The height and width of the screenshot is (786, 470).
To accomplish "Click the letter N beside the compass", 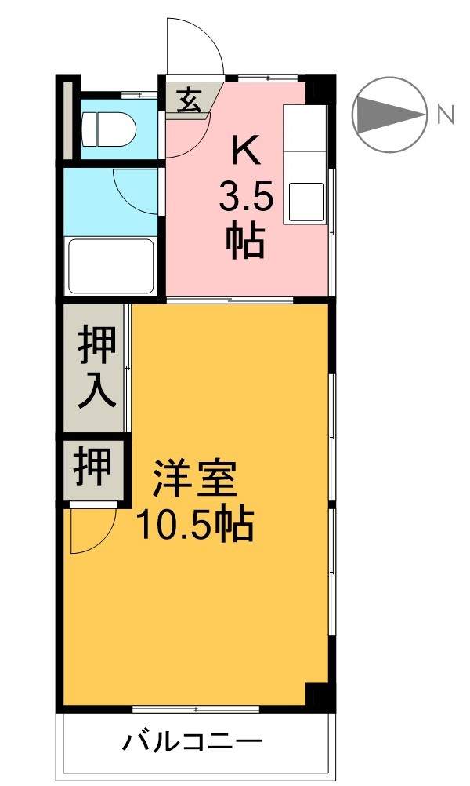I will click(x=446, y=115).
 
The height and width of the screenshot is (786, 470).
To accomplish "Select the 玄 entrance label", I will click(x=186, y=100).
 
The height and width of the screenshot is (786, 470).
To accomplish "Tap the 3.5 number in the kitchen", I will click(x=245, y=198).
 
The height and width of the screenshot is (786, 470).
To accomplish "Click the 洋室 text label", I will click(x=193, y=478).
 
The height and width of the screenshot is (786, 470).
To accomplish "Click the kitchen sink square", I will click(x=306, y=201).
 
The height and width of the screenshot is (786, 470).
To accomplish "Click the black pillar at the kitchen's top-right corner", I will click(x=318, y=89).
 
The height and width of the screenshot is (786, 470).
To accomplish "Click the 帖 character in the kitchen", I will click(x=245, y=242).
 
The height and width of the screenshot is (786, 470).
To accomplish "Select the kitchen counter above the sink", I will click(x=305, y=133).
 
